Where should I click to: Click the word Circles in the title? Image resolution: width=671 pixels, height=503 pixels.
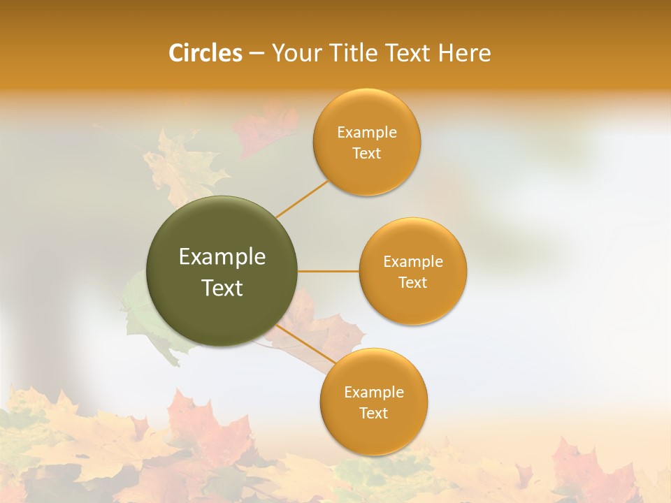click(x=205, y=53)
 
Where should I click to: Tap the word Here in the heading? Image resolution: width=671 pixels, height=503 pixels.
click(x=465, y=53)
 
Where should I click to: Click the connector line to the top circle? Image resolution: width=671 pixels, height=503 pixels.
click(x=302, y=199)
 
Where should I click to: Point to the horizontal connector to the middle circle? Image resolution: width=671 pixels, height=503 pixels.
click(x=329, y=271)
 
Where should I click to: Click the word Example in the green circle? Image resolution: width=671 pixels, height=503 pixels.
click(x=222, y=256)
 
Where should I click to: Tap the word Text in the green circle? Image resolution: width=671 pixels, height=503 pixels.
click(x=222, y=288)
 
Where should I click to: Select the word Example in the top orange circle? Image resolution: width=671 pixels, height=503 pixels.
click(x=367, y=133)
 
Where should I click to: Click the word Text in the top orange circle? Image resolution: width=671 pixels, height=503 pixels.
click(x=367, y=154)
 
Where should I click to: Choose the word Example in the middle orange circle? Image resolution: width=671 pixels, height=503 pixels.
click(x=413, y=262)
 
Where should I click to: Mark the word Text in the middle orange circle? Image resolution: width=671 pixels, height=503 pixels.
click(x=413, y=283)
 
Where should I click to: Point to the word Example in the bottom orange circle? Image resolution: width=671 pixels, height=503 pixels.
click(x=374, y=393)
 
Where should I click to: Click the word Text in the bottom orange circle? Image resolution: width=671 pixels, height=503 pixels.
click(x=374, y=414)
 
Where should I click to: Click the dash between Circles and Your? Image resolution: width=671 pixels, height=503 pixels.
click(x=257, y=53)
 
